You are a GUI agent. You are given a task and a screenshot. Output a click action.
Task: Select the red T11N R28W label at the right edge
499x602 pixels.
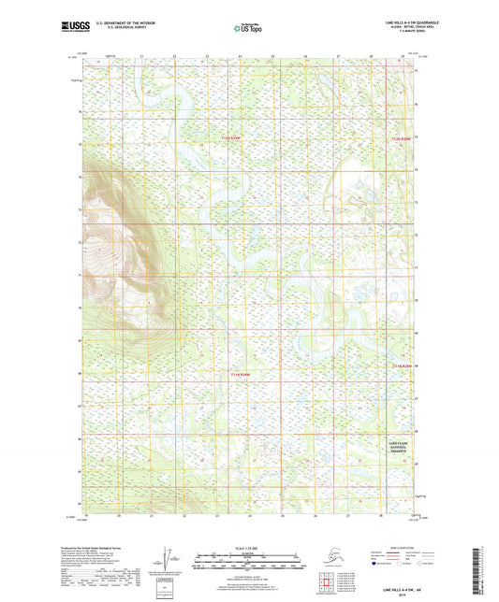(x=402, y=365)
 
